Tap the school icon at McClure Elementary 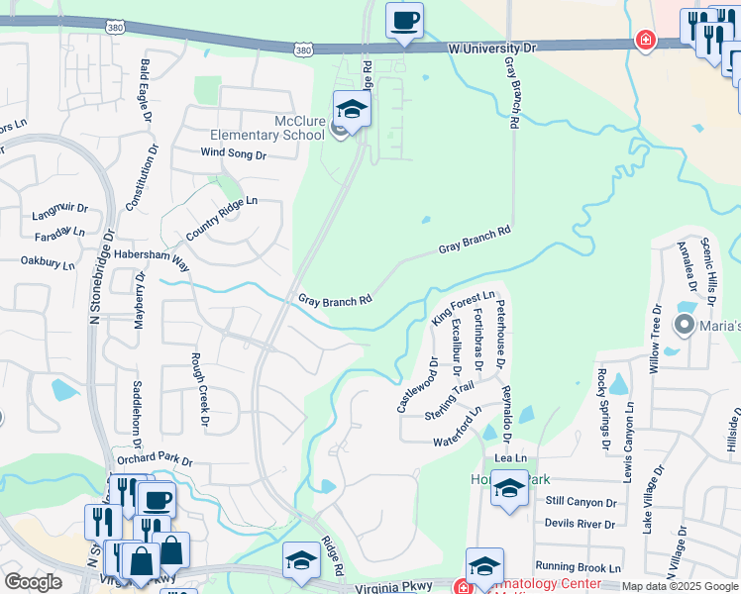click(x=352, y=109)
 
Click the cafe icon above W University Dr click(x=403, y=21)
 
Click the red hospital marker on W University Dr click(x=645, y=40)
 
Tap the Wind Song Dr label click(x=234, y=154)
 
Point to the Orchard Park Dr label click(x=154, y=460)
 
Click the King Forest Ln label click(x=463, y=307)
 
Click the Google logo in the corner click(x=33, y=582)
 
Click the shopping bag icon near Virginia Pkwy click(x=141, y=559)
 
